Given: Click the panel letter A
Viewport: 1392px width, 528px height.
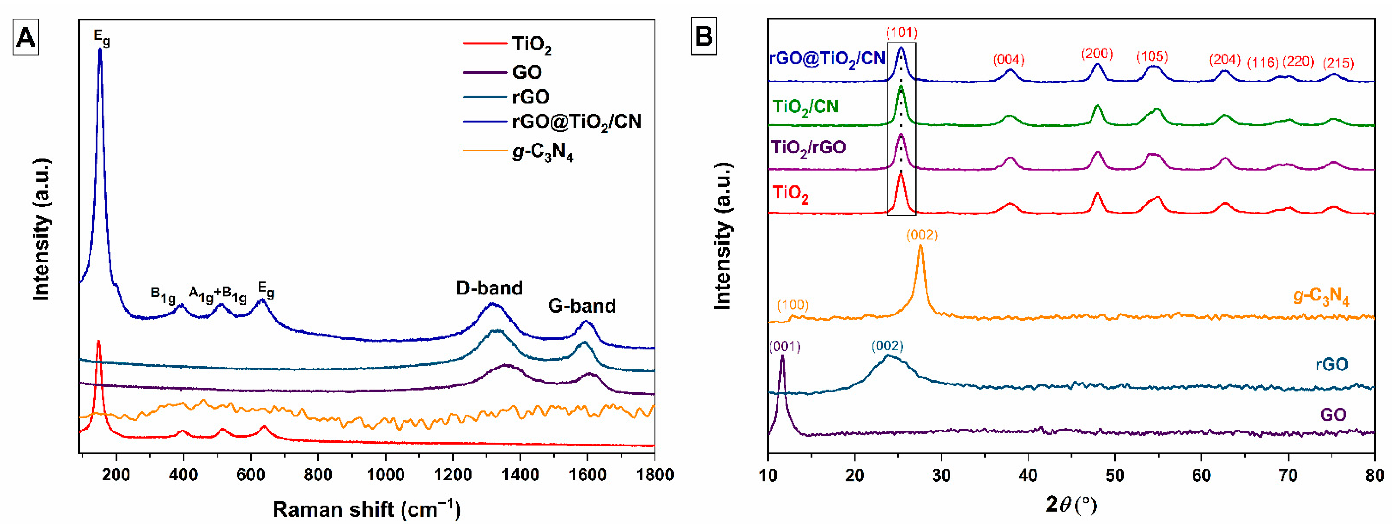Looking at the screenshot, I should pos(25,38).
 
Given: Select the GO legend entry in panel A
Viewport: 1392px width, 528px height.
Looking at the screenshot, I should pos(526,72).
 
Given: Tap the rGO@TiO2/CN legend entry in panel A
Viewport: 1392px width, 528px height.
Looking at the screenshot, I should pos(576,121).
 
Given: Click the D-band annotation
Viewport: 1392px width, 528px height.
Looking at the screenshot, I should pos(489,288).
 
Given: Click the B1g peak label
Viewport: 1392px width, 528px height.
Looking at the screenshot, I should pos(163,295).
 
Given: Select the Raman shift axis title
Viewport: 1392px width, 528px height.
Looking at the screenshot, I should pos(366,509).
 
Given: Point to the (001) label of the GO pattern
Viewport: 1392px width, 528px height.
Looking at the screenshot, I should pos(784,346).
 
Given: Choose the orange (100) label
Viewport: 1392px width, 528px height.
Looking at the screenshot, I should pos(793,305).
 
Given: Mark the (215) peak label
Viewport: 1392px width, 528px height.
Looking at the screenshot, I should pos(1338,63).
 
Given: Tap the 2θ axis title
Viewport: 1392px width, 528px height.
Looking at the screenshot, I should pos(1070,505).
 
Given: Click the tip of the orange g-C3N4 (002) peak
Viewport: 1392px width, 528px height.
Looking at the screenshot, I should pos(921,246).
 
